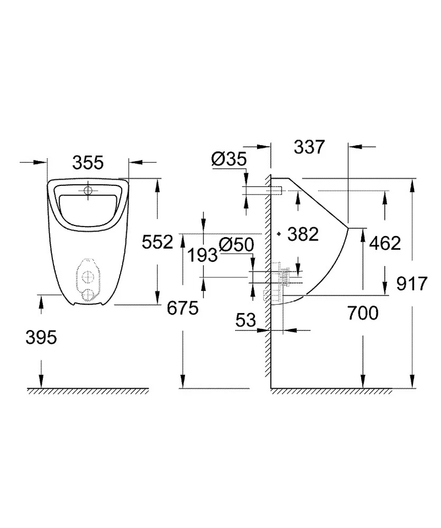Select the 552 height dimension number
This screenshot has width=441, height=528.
pyautogui.click(x=157, y=241)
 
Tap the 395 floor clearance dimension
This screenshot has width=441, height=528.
pyautogui.click(x=41, y=337)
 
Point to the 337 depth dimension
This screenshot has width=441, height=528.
pyautogui.click(x=310, y=147)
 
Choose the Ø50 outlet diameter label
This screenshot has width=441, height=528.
pyautogui.click(x=237, y=245)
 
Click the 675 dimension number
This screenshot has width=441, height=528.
pyautogui.click(x=182, y=309)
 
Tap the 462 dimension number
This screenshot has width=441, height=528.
pyautogui.click(x=385, y=243)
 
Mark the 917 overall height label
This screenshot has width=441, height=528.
pyautogui.click(x=412, y=284)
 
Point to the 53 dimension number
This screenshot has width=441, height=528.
pyautogui.click(x=246, y=321)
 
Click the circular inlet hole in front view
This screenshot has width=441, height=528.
pyautogui.click(x=88, y=191)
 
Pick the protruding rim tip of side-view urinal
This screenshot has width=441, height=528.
pyautogui.click(x=347, y=227)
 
